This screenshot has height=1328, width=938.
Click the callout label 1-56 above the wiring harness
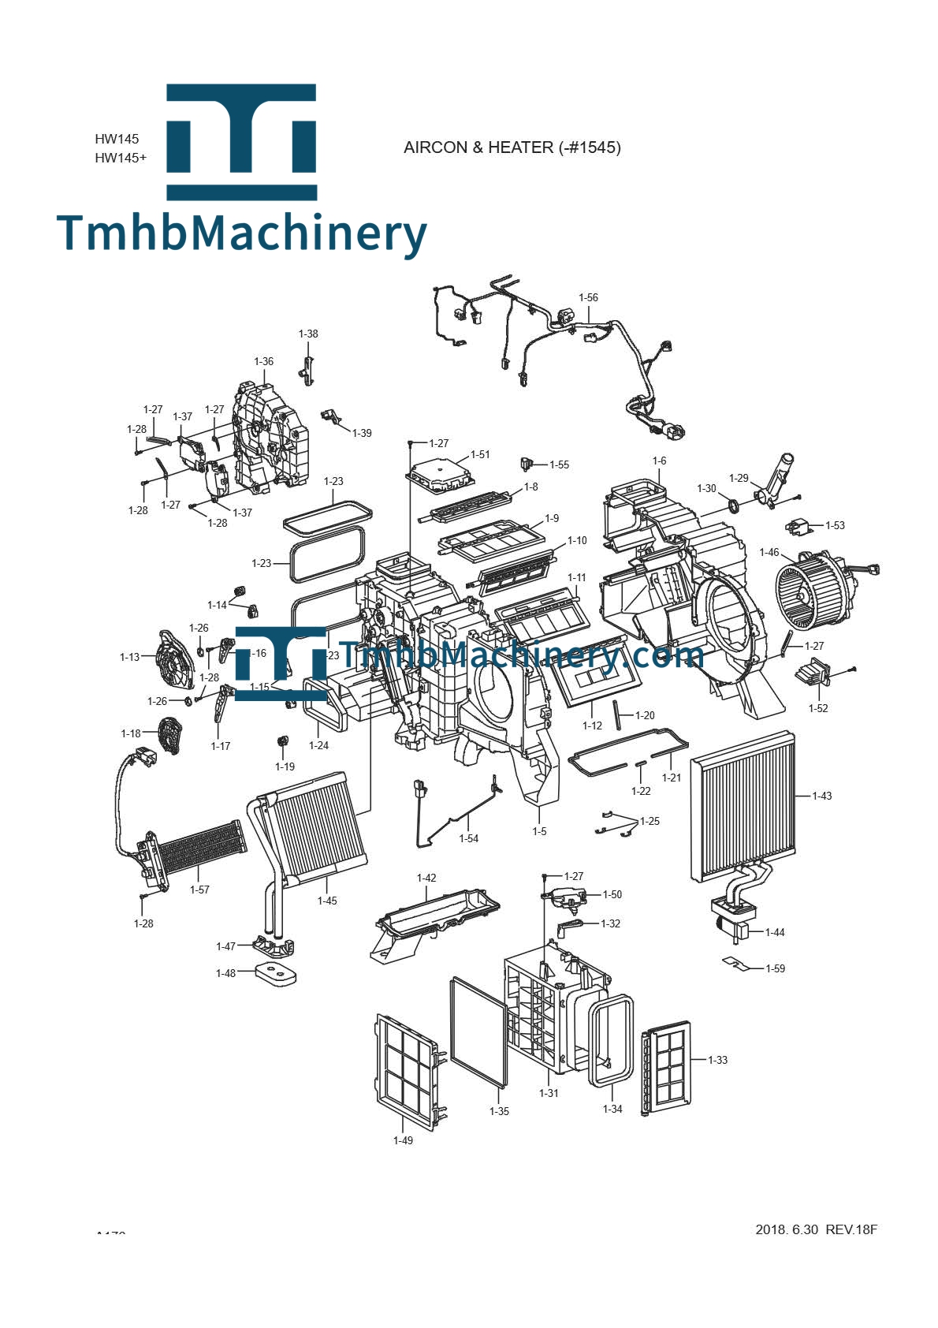tap(588, 298)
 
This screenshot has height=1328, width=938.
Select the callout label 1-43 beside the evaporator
tap(821, 796)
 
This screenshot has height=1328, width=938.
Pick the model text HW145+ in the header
tap(121, 158)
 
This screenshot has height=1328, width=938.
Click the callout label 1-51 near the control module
tap(480, 455)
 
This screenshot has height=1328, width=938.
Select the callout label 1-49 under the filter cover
tap(403, 1140)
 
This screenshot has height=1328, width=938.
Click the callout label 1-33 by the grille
tap(717, 1061)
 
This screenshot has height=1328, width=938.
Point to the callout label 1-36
tap(263, 362)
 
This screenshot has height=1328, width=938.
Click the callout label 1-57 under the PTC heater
tap(199, 890)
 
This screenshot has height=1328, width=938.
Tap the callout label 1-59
tap(775, 969)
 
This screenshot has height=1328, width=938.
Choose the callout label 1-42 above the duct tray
tap(426, 878)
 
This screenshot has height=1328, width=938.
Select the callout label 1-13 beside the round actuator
tap(129, 658)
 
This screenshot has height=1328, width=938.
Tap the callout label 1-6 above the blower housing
tap(659, 461)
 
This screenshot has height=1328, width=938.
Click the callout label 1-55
tap(559, 465)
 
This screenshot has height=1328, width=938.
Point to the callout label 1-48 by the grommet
tap(225, 974)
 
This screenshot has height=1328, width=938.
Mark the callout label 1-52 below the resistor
tap(818, 709)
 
